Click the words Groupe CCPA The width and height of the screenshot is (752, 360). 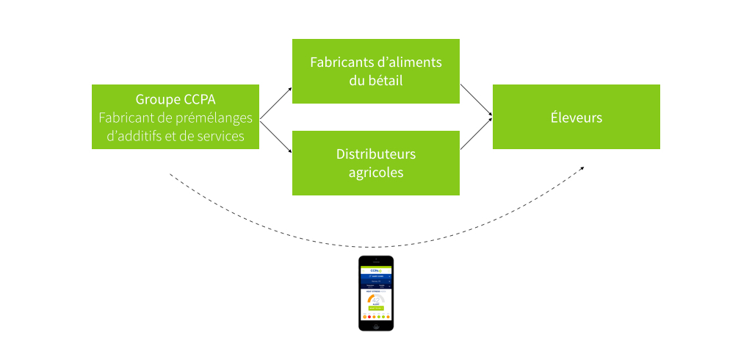click(x=175, y=99)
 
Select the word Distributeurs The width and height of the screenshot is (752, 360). click(x=376, y=154)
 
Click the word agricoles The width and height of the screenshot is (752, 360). click(x=376, y=173)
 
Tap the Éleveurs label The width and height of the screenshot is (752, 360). click(x=576, y=118)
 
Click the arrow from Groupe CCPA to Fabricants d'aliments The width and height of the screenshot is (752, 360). click(x=275, y=102)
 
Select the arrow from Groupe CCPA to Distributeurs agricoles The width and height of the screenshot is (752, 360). click(x=275, y=137)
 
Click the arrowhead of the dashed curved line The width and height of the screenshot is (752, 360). click(x=582, y=168)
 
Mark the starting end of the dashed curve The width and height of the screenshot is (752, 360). click(x=170, y=175)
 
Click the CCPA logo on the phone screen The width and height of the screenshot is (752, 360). click(x=376, y=270)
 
